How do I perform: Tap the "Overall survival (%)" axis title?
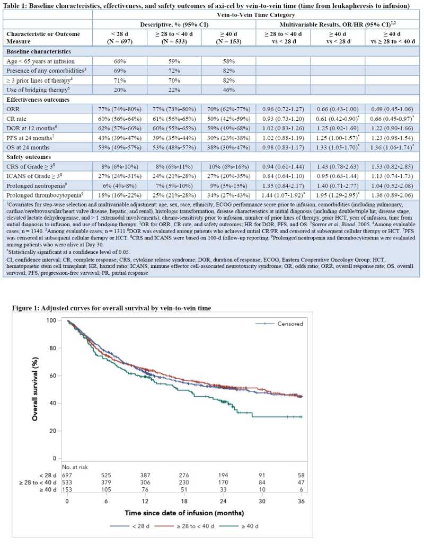(35, 387)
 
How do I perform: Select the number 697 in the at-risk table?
(67, 476)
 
